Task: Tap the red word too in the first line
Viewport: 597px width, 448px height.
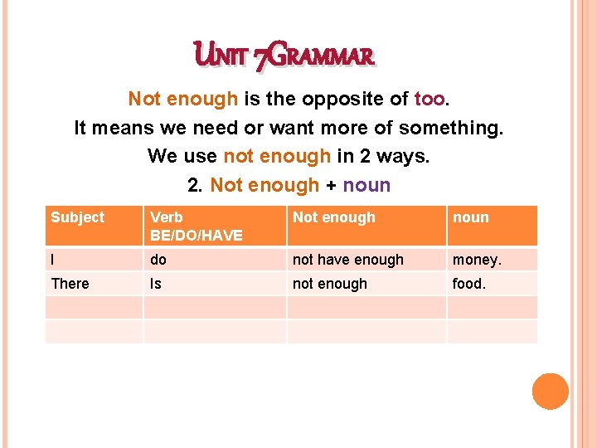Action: tap(429, 100)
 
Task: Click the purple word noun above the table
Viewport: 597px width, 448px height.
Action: tap(365, 185)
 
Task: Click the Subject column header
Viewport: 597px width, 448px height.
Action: tap(78, 217)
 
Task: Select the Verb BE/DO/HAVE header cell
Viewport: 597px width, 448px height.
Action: tap(196, 226)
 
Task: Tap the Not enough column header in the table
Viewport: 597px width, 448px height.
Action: tap(334, 217)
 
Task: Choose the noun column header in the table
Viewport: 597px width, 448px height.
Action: tap(470, 217)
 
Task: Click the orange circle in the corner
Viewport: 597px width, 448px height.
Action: tap(550, 391)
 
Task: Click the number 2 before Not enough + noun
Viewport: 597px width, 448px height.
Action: tap(196, 185)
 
